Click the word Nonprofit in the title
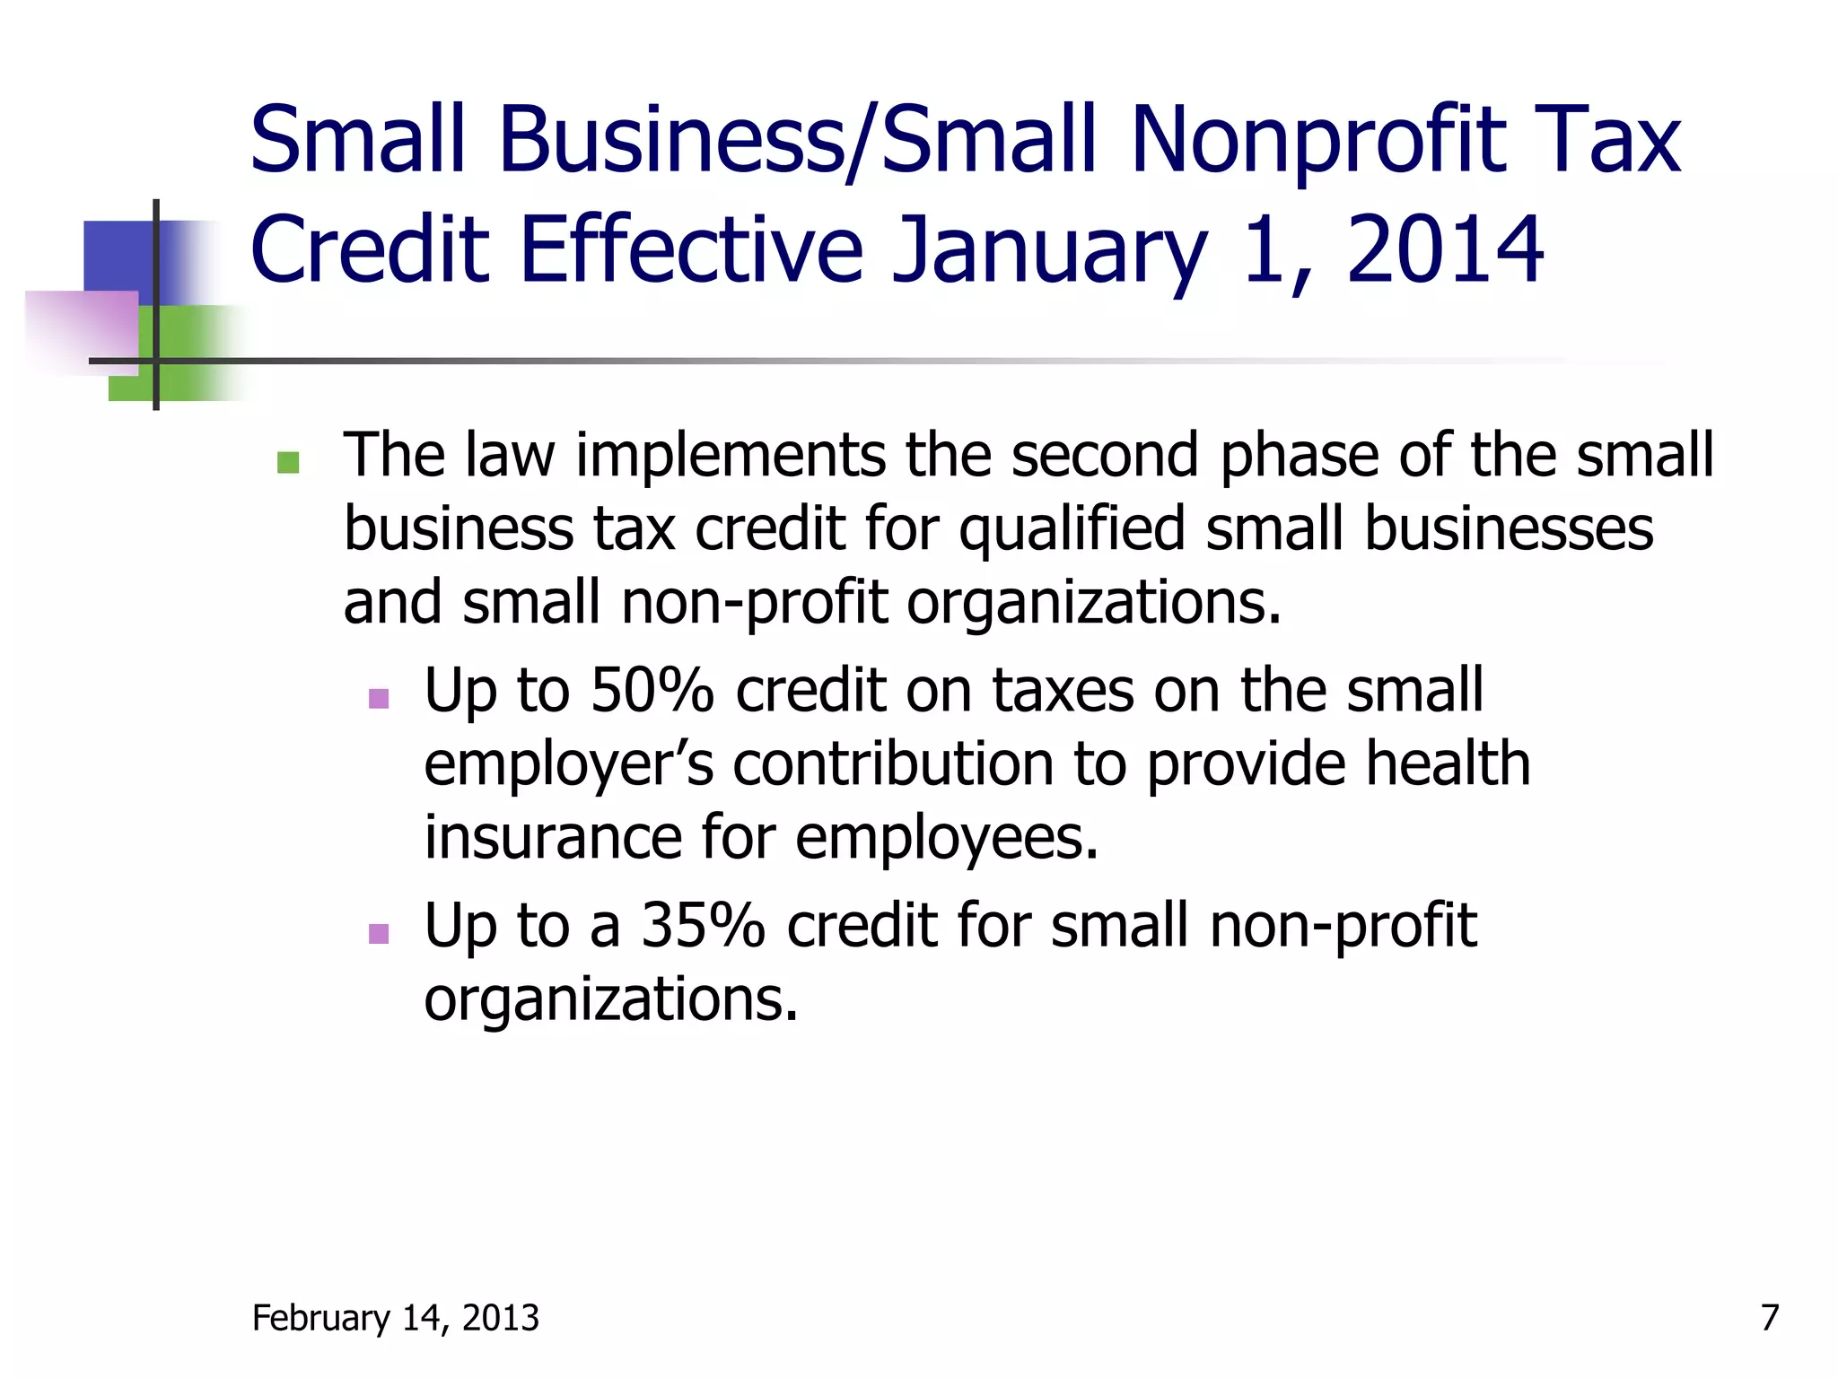(x=1318, y=142)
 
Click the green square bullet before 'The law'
(x=288, y=462)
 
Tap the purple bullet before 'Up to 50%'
(x=379, y=698)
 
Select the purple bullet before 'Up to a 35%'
(x=379, y=934)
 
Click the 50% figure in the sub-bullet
(x=652, y=691)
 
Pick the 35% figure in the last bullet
(x=703, y=926)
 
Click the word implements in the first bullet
(x=731, y=456)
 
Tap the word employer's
(x=568, y=765)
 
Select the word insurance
(x=553, y=838)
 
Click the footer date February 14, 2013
(x=396, y=1318)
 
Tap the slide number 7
(x=1769, y=1318)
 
